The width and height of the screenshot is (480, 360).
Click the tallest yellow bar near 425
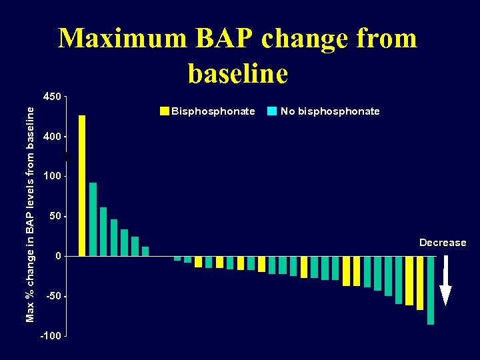[82, 185]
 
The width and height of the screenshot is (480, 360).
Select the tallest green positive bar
[93, 219]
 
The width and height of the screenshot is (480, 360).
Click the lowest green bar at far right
[430, 290]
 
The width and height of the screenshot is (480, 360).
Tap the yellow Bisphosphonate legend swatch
[165, 111]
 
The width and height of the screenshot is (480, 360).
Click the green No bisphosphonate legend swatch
[271, 111]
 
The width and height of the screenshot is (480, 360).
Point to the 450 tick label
[52, 97]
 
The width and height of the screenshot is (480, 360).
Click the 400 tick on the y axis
[52, 137]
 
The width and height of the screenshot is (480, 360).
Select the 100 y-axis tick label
[52, 176]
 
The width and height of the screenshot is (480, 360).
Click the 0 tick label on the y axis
[58, 256]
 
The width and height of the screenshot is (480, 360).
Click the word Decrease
[443, 243]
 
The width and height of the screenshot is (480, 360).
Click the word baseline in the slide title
[238, 73]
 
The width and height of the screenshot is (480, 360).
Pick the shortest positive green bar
[145, 251]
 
